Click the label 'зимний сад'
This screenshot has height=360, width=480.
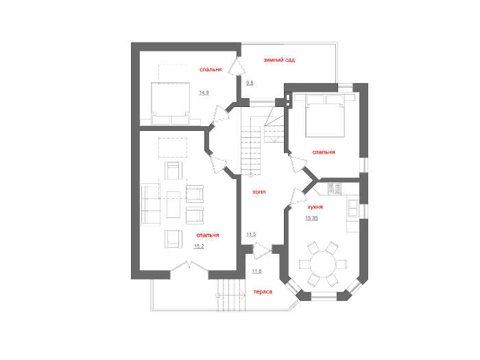tap(279, 60)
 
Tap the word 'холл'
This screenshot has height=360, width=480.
tap(259, 192)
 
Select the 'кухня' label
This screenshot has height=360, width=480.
tap(315, 207)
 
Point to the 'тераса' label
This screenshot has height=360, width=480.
tap(263, 291)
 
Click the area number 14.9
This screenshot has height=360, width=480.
tap(204, 93)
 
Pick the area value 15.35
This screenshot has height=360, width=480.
tap(311, 218)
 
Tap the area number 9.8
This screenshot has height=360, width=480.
tap(250, 83)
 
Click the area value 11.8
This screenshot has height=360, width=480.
tap(256, 271)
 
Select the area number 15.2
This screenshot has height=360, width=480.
tap(199, 246)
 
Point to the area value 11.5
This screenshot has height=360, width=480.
tap(251, 235)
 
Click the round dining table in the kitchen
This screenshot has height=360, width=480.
tap(323, 264)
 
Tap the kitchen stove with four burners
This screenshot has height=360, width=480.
tap(335, 189)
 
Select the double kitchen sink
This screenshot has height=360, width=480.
tap(353, 208)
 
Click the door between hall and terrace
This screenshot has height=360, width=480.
tap(263, 250)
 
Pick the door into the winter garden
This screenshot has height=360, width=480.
tap(237, 66)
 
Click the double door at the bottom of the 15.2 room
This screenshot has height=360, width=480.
tap(189, 266)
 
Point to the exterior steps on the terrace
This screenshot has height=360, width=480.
tap(232, 295)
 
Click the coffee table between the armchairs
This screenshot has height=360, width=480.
tap(173, 205)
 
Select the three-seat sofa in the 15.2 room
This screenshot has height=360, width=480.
tap(151, 204)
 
